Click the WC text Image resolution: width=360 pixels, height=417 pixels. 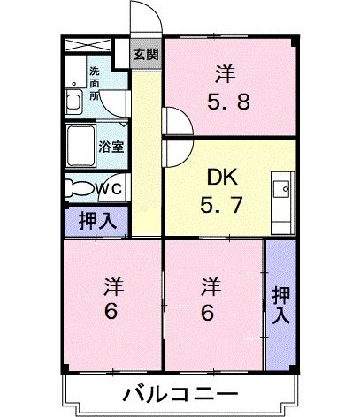[113, 187]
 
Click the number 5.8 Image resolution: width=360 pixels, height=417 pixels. [229, 100]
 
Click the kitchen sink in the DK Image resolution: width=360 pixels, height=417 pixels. [283, 189]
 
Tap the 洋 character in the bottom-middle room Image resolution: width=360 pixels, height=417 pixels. [210, 286]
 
